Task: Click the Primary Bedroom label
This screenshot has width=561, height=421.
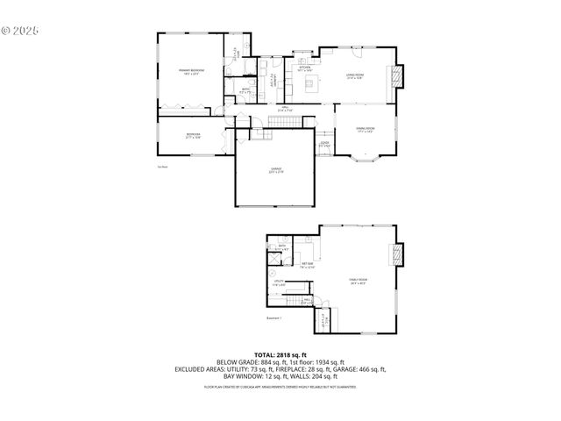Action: point(190,72)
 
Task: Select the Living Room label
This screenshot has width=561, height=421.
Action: point(354,77)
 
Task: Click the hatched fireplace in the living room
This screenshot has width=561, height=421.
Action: point(400,76)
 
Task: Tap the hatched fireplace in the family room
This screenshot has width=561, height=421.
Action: point(398,254)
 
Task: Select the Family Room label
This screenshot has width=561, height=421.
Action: point(359,281)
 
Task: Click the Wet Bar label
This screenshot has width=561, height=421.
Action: point(309,265)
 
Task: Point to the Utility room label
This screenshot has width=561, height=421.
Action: point(279,282)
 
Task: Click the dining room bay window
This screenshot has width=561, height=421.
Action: point(365,160)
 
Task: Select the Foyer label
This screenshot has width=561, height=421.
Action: point(323,144)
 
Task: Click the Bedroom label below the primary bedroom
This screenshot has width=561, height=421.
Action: point(193,135)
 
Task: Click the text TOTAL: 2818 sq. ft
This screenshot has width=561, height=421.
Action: point(280,354)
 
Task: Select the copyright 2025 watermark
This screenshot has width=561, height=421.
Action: point(21,29)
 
